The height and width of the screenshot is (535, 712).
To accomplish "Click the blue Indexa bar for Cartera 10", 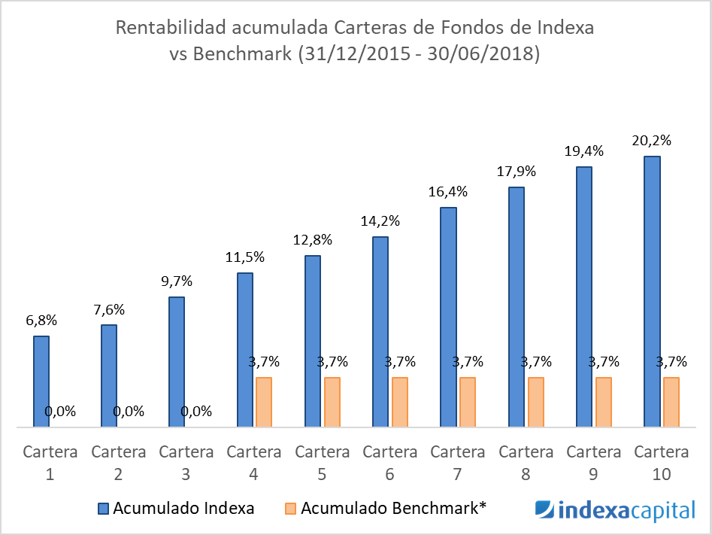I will pos(652,292).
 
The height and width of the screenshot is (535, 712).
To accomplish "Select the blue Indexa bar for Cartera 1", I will pos(41,381).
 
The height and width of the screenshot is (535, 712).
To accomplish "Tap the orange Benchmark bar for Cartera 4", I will pos(263,402).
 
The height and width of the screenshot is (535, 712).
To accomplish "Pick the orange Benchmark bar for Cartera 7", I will pos(467,402).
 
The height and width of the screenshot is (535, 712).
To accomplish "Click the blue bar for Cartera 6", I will pos(380,332).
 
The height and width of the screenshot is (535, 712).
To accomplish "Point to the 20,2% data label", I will pos(652,141).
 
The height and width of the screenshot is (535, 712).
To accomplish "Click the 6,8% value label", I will pos(41,320).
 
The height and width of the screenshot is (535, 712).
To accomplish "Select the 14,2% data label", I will pos(380,221).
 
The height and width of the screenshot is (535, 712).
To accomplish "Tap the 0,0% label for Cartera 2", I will pos(129,412).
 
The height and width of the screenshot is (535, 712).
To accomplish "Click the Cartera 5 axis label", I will pos(322,463).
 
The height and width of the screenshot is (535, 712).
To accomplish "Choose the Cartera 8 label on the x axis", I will pos(526,463).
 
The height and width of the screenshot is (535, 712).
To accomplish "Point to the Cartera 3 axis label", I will pos(186,463).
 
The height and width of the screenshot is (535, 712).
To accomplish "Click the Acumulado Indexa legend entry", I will pos(176,508).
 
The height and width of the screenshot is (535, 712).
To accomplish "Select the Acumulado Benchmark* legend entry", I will pos(386,508).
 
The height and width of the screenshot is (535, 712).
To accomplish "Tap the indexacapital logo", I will pos(615,511).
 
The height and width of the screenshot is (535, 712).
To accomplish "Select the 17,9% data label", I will pos(517,172).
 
